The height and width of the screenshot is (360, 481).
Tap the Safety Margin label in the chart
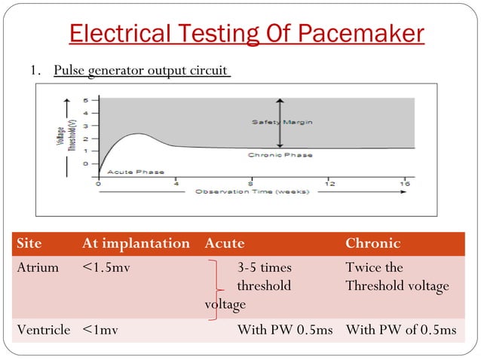(x=282, y=122)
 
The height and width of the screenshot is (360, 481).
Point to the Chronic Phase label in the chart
(x=280, y=155)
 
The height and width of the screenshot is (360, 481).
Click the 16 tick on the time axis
(x=405, y=183)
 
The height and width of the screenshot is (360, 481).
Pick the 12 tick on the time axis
(x=329, y=183)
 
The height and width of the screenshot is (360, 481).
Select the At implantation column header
(x=136, y=243)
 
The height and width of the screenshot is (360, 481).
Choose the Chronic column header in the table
(x=372, y=243)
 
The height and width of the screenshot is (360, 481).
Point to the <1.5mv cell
(x=106, y=267)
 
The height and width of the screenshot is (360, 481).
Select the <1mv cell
(x=99, y=329)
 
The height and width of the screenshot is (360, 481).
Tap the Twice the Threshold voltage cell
(x=397, y=276)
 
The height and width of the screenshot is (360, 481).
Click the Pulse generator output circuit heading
(x=140, y=71)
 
